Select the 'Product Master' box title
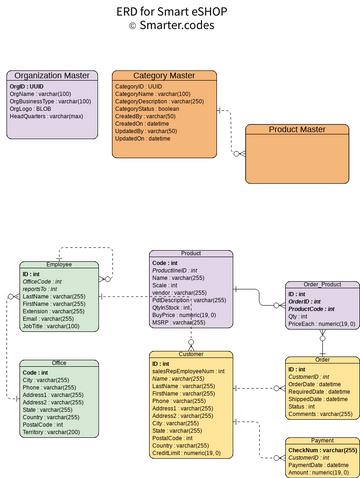pyautogui.click(x=297, y=129)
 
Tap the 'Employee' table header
pyautogui.click(x=59, y=265)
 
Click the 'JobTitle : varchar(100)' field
pyautogui.click(x=65, y=325)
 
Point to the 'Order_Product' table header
pyautogui.click(x=322, y=285)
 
